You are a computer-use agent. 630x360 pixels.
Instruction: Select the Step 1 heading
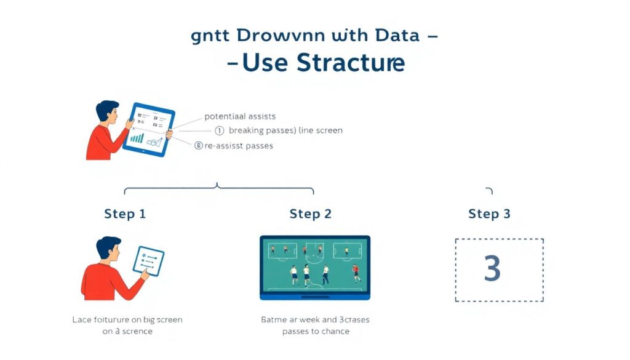125,214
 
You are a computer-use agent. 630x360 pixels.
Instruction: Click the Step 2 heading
310,214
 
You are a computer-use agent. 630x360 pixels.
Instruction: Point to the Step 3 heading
489,214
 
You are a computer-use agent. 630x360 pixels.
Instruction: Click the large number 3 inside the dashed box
492,269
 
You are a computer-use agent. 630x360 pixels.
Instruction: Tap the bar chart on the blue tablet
137,139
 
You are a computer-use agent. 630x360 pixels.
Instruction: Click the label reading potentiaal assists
239,116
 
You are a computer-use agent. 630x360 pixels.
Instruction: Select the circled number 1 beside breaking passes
219,130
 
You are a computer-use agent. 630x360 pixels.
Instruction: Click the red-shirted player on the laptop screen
356,271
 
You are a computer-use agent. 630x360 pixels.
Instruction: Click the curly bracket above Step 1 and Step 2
218,187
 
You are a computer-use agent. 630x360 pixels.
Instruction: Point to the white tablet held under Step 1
148,261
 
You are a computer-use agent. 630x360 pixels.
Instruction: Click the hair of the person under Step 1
109,244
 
